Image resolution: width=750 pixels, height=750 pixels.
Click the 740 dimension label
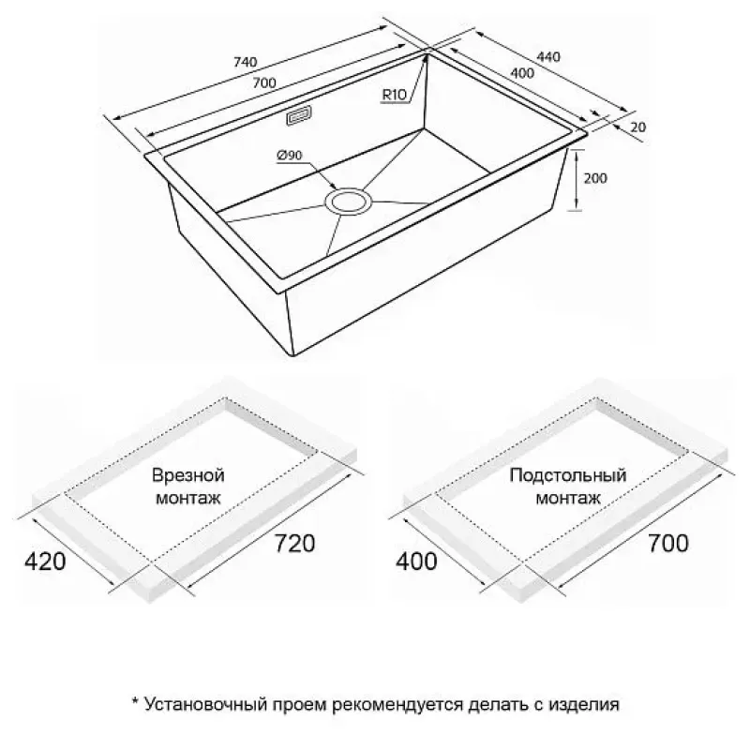coord(246,62)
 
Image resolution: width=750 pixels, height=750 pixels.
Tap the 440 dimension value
coord(548,56)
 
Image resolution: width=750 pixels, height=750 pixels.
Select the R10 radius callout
coord(394,95)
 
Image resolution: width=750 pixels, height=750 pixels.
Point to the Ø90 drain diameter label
coord(290,155)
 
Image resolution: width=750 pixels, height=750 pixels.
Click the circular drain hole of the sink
coord(348,201)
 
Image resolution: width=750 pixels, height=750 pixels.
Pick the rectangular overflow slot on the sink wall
coord(299,115)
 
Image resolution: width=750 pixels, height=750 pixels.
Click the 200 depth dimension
coord(595,178)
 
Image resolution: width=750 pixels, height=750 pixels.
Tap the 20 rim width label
coord(638,127)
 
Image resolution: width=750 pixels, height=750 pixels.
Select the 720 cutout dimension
coord(294,543)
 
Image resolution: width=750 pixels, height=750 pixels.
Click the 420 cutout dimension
coord(45,561)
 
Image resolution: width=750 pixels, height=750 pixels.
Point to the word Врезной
coord(188,475)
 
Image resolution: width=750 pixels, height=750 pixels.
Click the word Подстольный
coord(568,475)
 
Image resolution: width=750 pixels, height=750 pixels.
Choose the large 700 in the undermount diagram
coord(667,543)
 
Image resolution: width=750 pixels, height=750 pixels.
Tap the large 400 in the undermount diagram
coord(416,561)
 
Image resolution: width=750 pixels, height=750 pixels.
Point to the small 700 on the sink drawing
coord(264,82)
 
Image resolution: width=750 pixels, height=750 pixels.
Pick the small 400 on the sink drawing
coord(522,73)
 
